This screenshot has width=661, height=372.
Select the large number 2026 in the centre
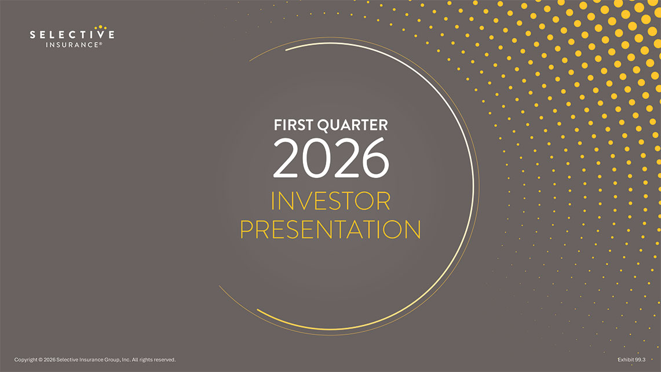331,158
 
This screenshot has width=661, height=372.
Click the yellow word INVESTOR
331,202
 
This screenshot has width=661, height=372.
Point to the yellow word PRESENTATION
330,229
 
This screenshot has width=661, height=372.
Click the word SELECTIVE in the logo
72,35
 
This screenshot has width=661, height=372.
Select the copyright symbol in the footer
41,360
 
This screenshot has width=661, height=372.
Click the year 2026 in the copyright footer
50,360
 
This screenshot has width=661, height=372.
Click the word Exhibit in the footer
627,360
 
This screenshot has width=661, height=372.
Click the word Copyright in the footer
26,360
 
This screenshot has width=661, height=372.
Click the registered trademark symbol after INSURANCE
101,43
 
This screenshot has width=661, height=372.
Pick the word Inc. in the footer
125,360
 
